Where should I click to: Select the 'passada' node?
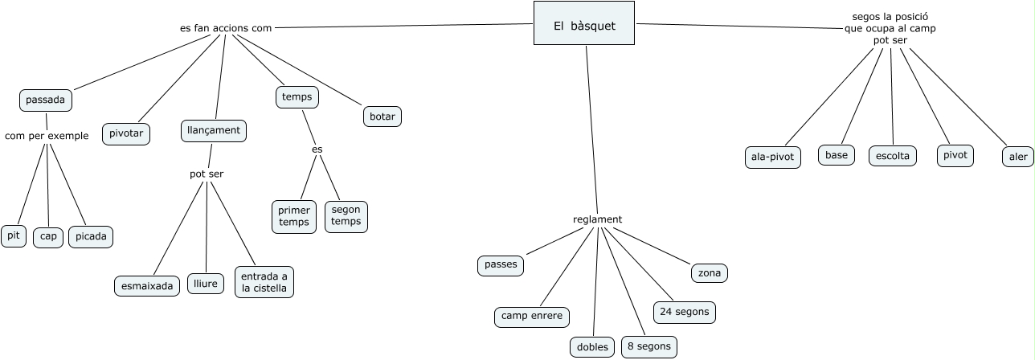tap(46, 100)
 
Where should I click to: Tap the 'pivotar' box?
tap(126, 133)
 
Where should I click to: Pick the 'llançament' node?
tap(213, 130)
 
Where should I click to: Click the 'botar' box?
tap(382, 117)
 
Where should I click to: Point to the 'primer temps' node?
tap(294, 216)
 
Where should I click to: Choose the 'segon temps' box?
tap(346, 216)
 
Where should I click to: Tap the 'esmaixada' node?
tap(147, 285)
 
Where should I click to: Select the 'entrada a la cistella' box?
tap(264, 282)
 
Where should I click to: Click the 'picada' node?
tap(91, 236)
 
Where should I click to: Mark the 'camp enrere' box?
tap(531, 317)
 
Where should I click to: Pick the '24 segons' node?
tap(683, 312)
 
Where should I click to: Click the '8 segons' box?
tap(649, 346)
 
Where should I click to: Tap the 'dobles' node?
tap(592, 347)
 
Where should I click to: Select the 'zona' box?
tap(709, 273)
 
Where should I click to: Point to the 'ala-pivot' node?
tap(772, 157)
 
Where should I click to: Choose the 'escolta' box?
tap(893, 156)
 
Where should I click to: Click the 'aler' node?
tap(1018, 157)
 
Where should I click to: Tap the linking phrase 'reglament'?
tap(597, 219)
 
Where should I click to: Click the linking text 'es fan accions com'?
tap(226, 28)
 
